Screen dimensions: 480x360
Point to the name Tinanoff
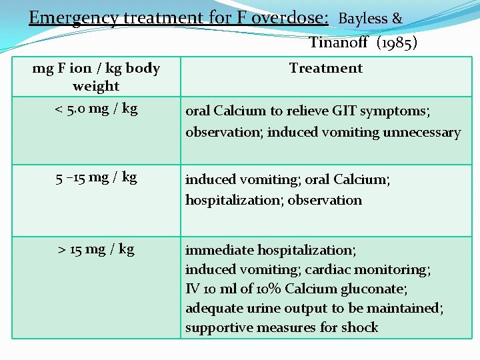[339, 43]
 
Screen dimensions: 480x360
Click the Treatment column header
[326, 68]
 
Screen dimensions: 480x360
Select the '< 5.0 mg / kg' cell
[97, 108]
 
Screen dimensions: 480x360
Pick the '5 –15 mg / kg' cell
[97, 177]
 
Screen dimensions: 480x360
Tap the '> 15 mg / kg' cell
[97, 249]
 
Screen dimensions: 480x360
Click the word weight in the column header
[96, 86]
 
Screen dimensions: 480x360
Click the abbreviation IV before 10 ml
[191, 289]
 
